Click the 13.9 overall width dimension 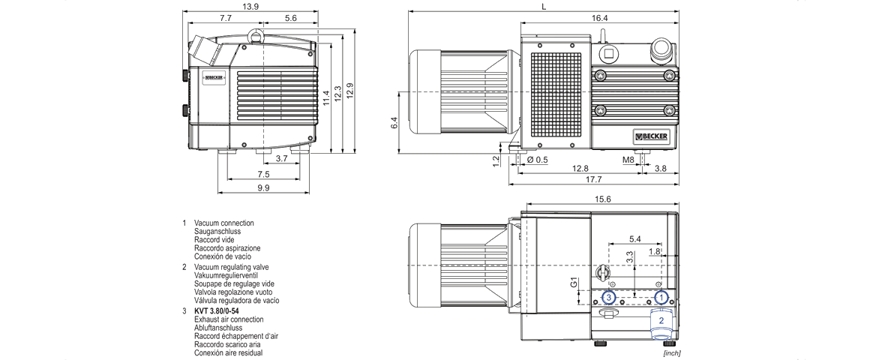pos(250,6)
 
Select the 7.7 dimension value pos(226,17)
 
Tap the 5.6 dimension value pos(291,17)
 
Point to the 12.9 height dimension pos(349,89)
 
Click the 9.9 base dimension pos(263,187)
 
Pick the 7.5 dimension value pos(263,174)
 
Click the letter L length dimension pos(543,6)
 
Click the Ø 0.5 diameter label pos(538,159)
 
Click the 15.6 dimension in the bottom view pos(602,199)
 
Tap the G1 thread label pos(573,284)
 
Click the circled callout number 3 pos(610,298)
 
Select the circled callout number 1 pos(661,298)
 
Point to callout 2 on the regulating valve pos(661,320)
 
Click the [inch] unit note pos(671,352)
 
